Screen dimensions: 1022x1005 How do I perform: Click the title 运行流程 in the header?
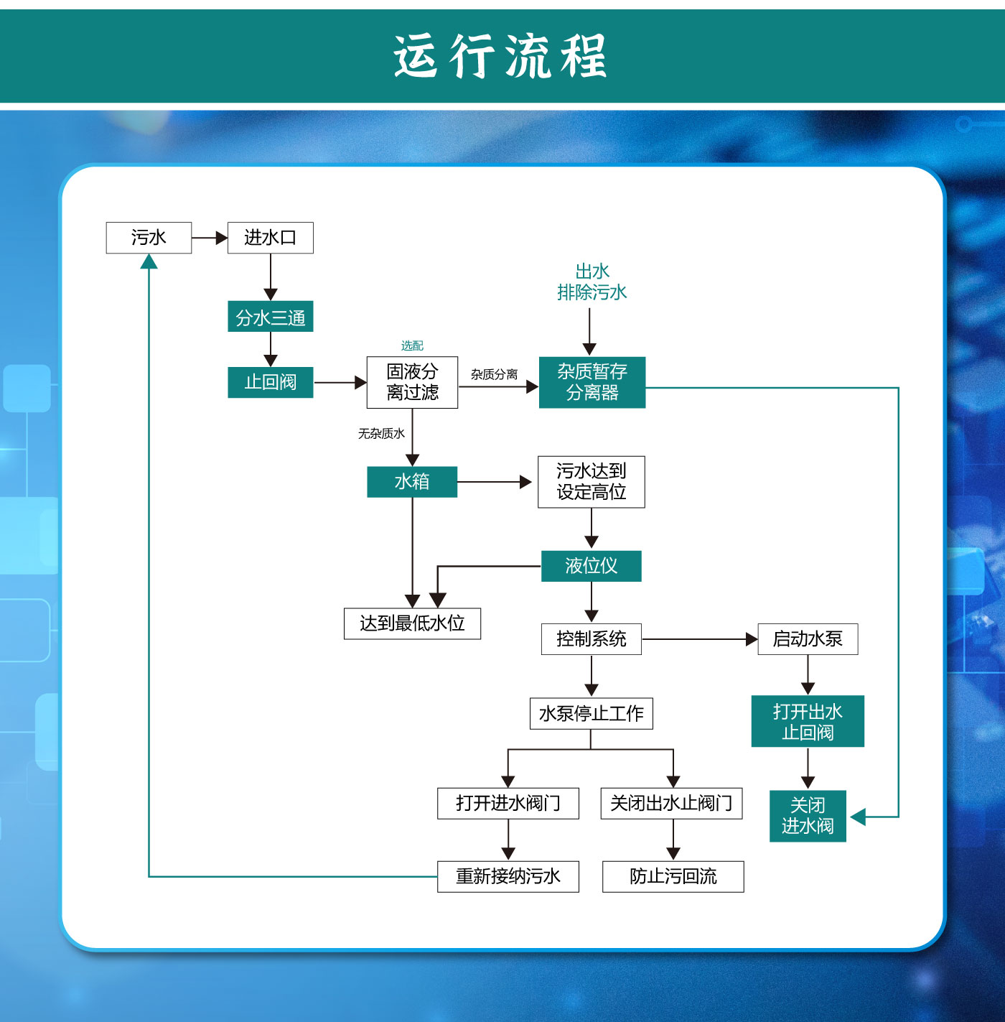500,56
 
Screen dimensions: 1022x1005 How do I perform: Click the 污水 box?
149,238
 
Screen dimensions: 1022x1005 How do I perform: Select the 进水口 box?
270,238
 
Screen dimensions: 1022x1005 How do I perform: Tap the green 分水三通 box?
270,317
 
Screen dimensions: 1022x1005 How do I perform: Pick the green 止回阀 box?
270,382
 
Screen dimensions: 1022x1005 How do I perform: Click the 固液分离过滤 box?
412,382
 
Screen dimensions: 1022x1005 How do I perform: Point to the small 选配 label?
412,345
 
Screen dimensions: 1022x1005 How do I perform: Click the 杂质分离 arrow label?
494,374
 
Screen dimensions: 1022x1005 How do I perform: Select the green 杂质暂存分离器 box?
592,382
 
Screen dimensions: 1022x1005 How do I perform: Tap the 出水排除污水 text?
592,282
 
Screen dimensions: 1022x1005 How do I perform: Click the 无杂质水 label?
381,433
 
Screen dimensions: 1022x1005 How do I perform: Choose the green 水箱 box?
412,482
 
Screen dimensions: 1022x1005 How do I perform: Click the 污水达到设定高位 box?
592,482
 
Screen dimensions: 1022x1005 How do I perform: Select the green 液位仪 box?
591,566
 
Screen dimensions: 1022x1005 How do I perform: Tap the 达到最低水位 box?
412,623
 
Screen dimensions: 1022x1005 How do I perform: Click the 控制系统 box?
591,638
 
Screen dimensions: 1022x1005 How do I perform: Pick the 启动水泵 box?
808,638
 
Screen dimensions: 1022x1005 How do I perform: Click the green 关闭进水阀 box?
808,816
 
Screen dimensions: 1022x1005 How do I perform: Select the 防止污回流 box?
673,876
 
